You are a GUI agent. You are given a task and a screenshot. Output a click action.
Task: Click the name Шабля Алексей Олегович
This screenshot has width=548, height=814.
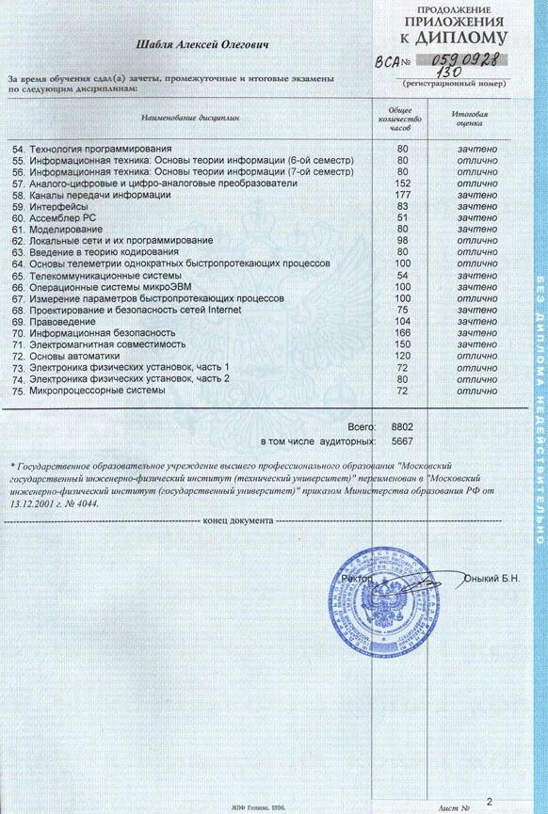[x=202, y=44]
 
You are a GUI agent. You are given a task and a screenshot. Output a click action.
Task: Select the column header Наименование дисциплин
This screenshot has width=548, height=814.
[x=190, y=119]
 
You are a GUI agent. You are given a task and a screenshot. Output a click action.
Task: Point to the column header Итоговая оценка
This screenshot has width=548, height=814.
[x=468, y=118]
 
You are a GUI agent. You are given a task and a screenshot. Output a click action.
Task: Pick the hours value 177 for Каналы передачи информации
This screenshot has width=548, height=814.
[x=402, y=195]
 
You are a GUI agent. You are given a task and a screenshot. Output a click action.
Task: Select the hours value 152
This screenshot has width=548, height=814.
[x=402, y=184]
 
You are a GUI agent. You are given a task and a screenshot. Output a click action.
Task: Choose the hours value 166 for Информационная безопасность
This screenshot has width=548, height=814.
[x=402, y=332]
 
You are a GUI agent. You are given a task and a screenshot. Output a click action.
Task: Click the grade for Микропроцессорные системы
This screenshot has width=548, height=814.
[x=477, y=390]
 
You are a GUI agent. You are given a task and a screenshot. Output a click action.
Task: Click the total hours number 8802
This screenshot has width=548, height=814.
[x=401, y=426]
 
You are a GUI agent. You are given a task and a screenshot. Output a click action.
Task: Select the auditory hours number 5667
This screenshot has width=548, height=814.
[x=401, y=440]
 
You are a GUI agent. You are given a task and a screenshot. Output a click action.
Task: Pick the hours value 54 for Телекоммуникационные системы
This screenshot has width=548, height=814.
[x=402, y=275]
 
